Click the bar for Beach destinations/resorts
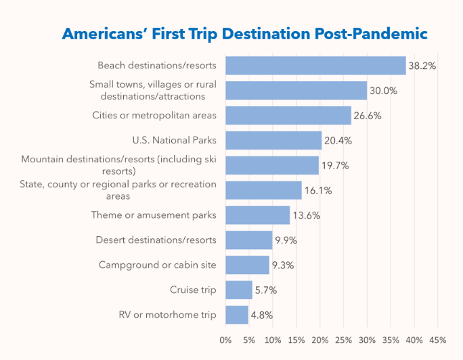(x=315, y=66)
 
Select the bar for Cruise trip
(x=238, y=290)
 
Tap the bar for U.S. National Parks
(x=273, y=141)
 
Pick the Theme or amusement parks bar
(x=257, y=215)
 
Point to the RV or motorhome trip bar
(x=236, y=315)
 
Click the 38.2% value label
(x=422, y=66)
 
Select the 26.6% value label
(x=368, y=116)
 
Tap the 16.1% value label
(x=317, y=191)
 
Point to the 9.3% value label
(x=283, y=265)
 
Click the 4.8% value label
(x=262, y=315)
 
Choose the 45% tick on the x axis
(x=437, y=339)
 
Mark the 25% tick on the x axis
(x=343, y=339)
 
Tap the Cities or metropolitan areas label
(x=154, y=116)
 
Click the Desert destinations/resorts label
(x=156, y=240)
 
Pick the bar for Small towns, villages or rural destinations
(x=296, y=91)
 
